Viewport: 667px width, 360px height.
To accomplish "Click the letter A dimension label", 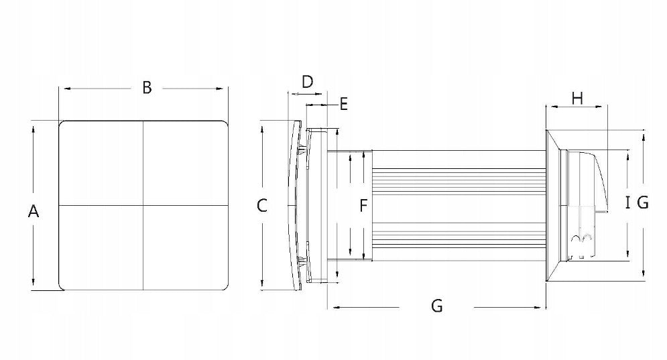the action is point(33,211).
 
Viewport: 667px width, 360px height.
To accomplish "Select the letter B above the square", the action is point(147,87).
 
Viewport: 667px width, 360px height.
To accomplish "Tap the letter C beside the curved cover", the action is point(262,206).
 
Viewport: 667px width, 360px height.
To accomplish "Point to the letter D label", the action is point(307,81).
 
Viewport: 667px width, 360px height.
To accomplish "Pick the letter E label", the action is point(344,104).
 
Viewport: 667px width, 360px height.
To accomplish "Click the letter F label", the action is point(363,206).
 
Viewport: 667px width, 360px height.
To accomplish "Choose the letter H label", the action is point(577,99).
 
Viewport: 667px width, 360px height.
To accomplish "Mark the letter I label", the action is point(628,202).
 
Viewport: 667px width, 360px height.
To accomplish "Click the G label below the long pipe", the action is point(436,306).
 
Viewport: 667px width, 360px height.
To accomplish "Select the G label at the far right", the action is point(643,202).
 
